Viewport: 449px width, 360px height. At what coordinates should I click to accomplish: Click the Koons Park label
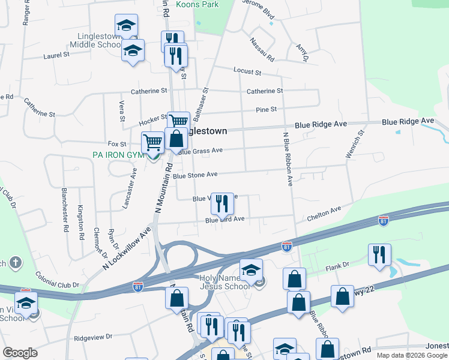tap(197, 4)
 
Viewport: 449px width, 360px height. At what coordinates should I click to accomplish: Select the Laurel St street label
tap(56, 56)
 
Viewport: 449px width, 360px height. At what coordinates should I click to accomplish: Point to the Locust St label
tap(247, 71)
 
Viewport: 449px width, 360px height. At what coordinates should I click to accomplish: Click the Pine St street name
tap(266, 110)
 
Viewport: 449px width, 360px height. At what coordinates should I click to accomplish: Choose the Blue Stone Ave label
tap(195, 176)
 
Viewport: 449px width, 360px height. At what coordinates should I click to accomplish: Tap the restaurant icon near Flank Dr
tap(379, 254)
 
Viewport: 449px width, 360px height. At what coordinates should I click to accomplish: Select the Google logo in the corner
tap(20, 353)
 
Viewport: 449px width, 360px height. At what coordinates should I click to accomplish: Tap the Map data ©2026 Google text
tap(412, 355)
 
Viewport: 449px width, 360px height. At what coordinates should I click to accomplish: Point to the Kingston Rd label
tap(80, 223)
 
